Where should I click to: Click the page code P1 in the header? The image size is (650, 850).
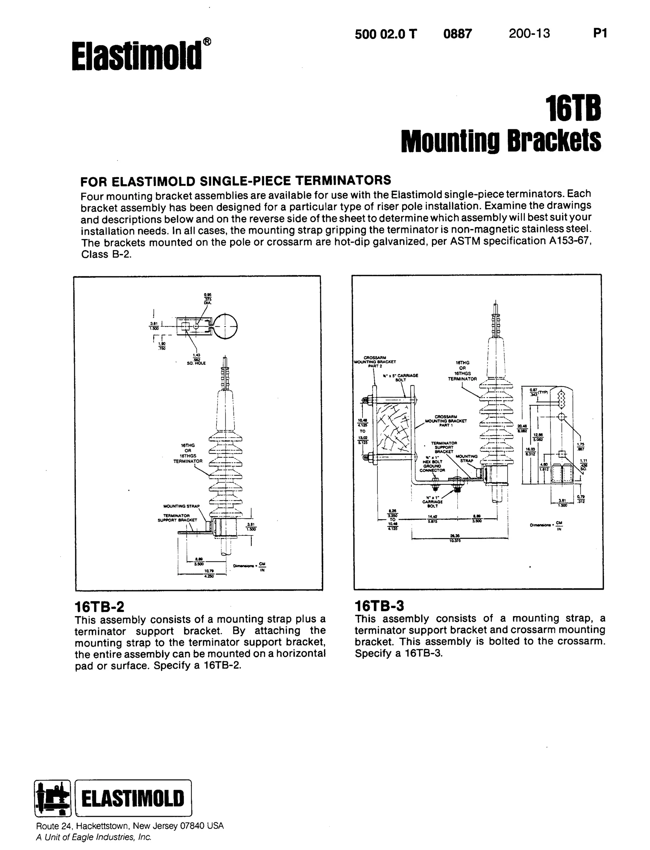tap(600, 34)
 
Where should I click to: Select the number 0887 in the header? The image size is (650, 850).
tap(457, 34)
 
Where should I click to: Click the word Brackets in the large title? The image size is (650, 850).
tap(554, 141)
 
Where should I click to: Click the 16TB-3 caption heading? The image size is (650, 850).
tap(379, 606)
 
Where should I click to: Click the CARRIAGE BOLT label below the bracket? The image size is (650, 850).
tap(432, 504)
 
